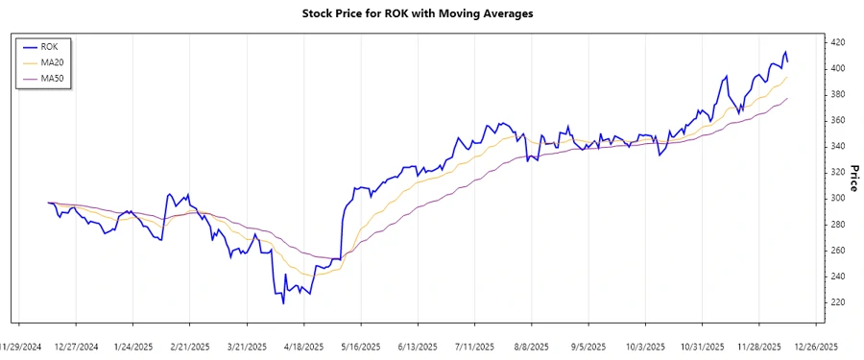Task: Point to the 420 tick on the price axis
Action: (837, 42)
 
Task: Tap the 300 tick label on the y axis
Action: (837, 199)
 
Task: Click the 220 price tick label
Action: (837, 302)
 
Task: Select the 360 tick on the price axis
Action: (837, 120)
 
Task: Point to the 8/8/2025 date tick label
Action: (531, 347)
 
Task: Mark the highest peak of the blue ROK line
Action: (785, 52)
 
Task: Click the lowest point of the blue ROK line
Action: (283, 303)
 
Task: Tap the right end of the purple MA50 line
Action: (787, 98)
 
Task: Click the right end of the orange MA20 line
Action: (787, 79)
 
